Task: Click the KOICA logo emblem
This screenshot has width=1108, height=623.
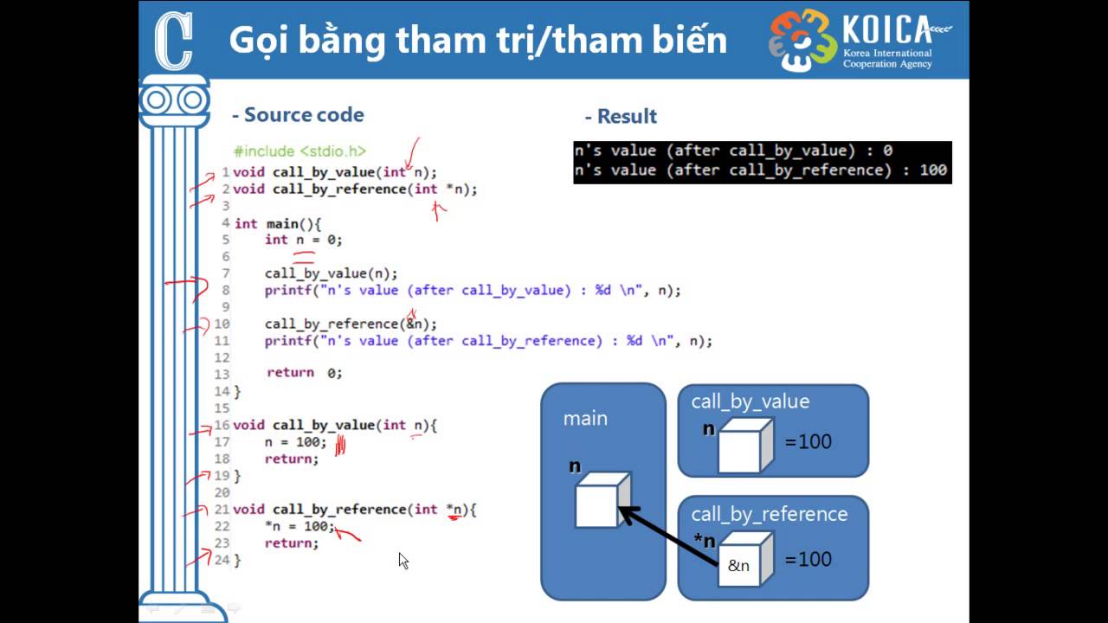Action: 802,41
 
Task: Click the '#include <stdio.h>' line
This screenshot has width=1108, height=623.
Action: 300,151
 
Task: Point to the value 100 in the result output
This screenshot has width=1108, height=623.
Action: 933,170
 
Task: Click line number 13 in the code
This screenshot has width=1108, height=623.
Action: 222,375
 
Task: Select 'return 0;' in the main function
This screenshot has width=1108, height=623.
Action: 304,372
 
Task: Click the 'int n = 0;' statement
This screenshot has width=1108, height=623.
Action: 303,240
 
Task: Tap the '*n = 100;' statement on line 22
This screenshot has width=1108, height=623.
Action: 300,526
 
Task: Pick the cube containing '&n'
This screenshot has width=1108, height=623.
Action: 745,559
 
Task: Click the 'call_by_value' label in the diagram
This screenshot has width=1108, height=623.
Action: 750,401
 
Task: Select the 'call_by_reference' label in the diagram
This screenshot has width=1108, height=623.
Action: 770,514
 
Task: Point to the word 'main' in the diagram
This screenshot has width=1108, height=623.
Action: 585,419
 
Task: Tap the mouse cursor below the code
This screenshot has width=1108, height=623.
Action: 403,561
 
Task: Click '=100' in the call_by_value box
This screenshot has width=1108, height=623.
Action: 808,441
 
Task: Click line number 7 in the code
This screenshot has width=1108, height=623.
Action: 226,273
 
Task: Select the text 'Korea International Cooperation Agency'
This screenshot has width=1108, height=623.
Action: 887,58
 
